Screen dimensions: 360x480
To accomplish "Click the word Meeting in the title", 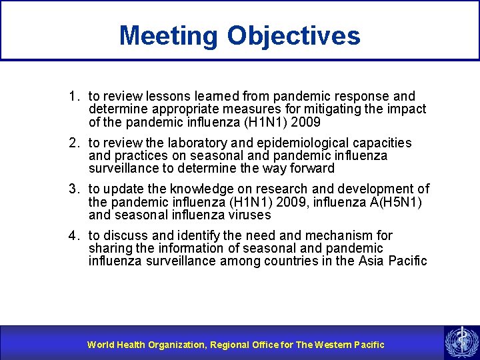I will (x=169, y=35).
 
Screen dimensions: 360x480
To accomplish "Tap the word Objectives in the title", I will (x=294, y=35).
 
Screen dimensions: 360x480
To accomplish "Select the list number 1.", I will (x=73, y=96).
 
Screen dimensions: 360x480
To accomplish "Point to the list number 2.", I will (x=73, y=143).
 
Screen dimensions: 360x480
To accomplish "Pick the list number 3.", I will (x=73, y=189).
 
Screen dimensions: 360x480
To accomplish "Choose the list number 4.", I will (x=73, y=236).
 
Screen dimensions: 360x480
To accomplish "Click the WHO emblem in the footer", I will (x=459, y=343).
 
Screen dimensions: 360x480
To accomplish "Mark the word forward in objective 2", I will (x=311, y=169).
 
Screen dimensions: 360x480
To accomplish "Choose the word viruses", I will (x=249, y=215).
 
